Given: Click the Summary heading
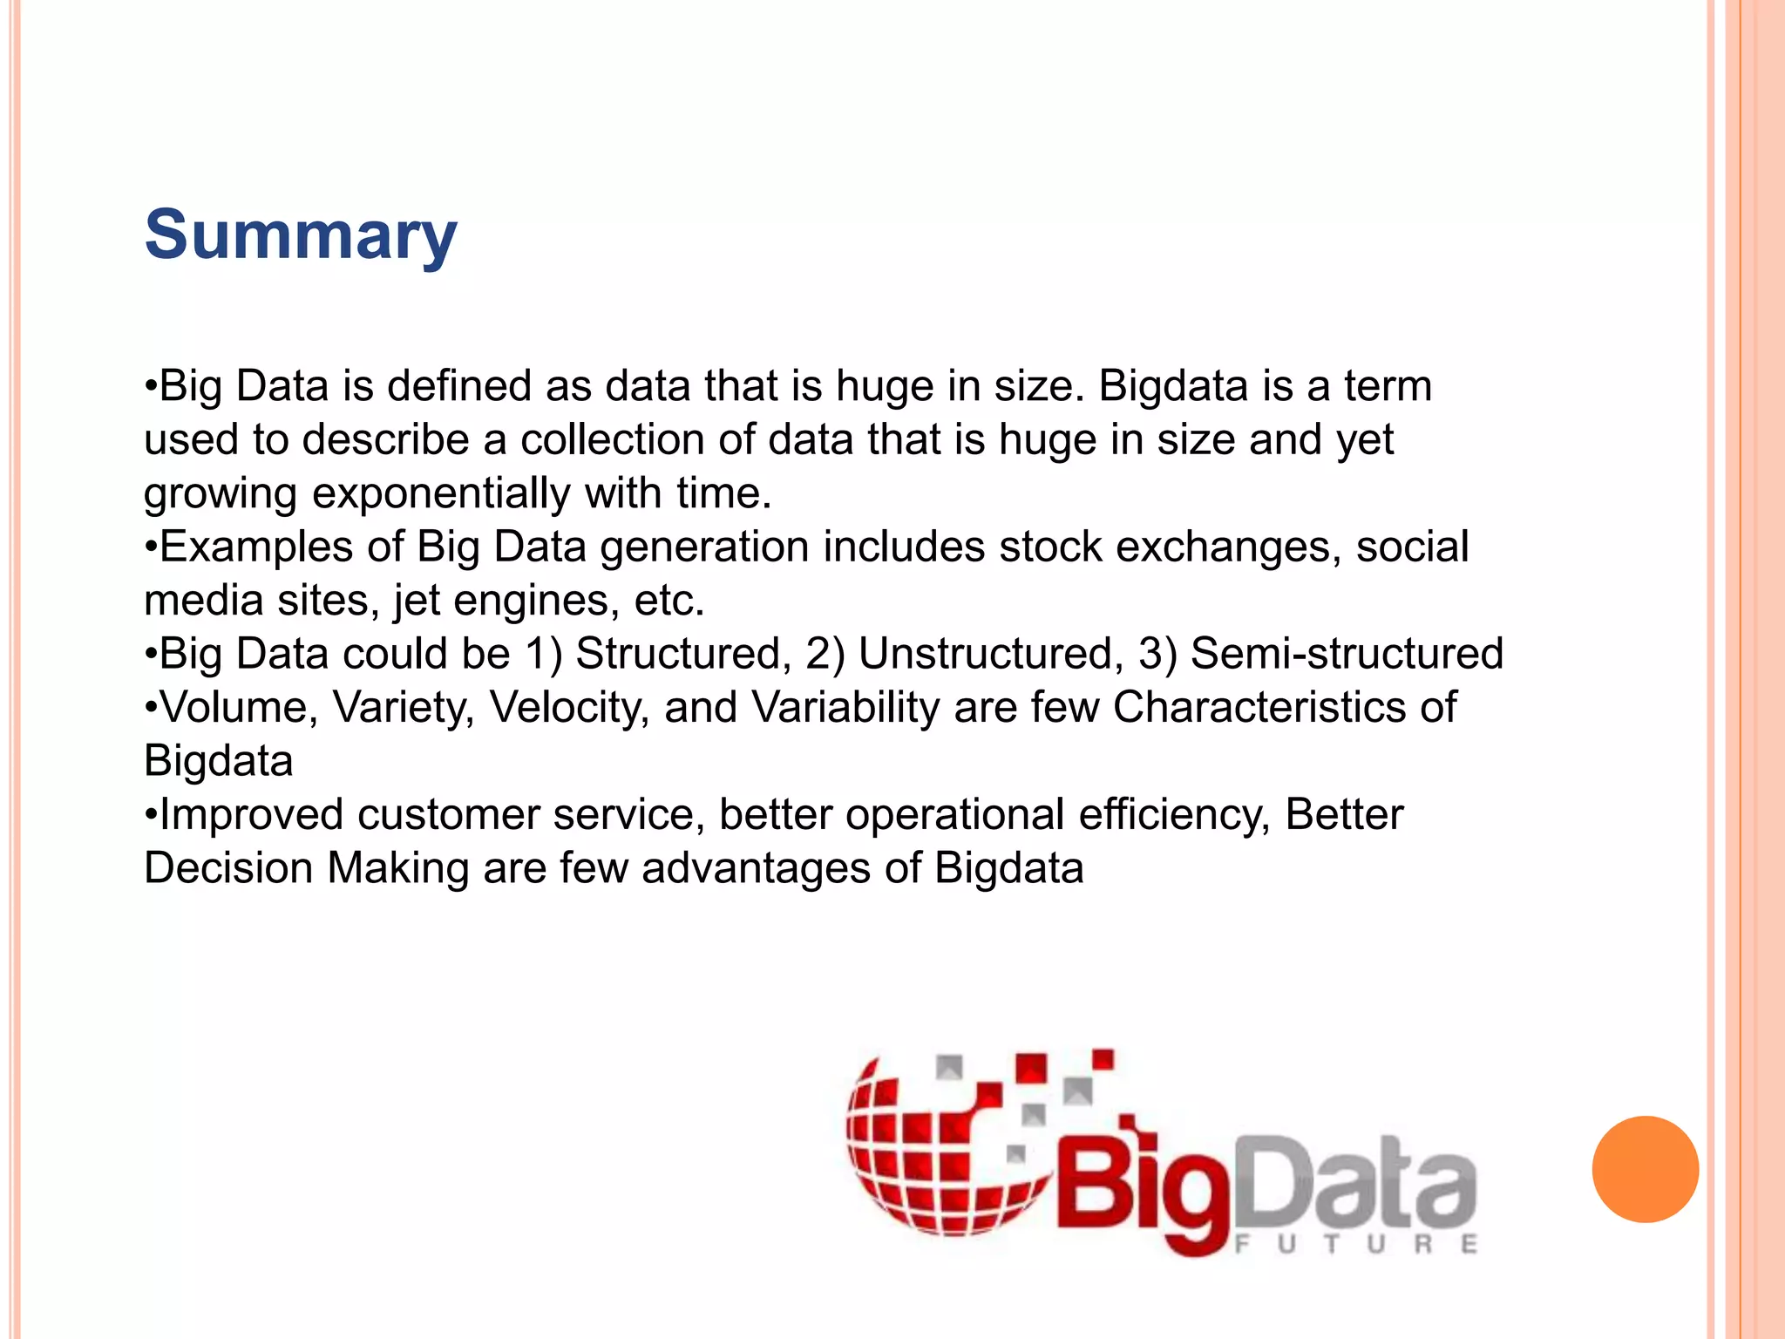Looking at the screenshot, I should pos(300,235).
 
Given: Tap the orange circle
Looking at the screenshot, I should pos(1645,1169).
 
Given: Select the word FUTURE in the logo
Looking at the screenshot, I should pos(1356,1244).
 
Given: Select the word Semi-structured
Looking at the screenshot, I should pos(1347,654).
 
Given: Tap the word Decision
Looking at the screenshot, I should pos(228,869).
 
